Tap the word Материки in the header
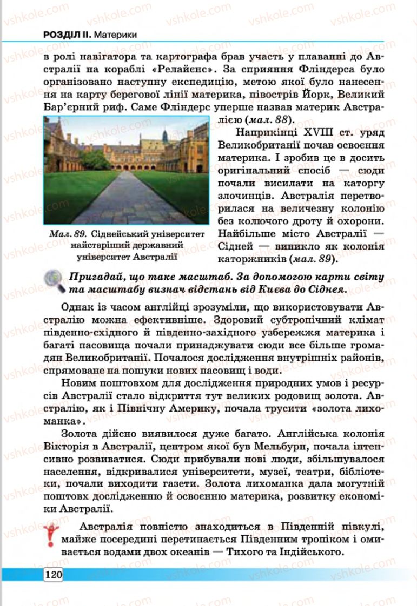click(x=115, y=35)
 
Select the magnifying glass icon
click(x=54, y=281)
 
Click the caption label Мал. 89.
click(x=67, y=234)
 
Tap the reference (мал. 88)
click(x=271, y=118)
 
